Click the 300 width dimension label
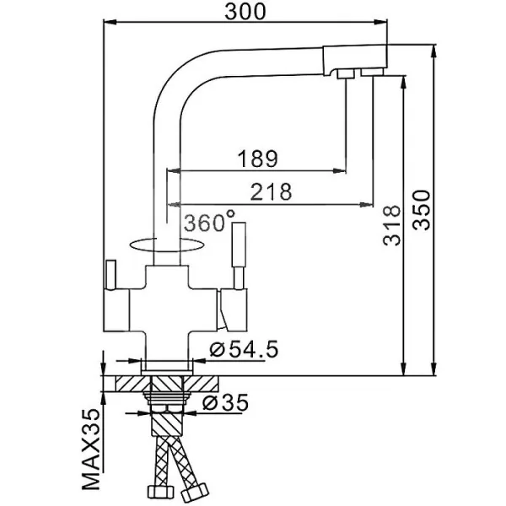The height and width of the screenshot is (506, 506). click(x=245, y=12)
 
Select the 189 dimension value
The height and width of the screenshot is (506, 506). click(x=257, y=159)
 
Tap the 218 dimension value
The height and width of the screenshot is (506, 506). click(x=271, y=191)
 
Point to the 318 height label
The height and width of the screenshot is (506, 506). click(x=391, y=225)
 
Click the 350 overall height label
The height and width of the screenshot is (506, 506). click(x=422, y=210)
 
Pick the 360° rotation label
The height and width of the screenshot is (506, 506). click(x=209, y=221)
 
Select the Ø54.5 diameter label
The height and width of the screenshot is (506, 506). click(x=244, y=349)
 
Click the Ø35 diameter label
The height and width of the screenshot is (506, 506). click(x=225, y=403)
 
